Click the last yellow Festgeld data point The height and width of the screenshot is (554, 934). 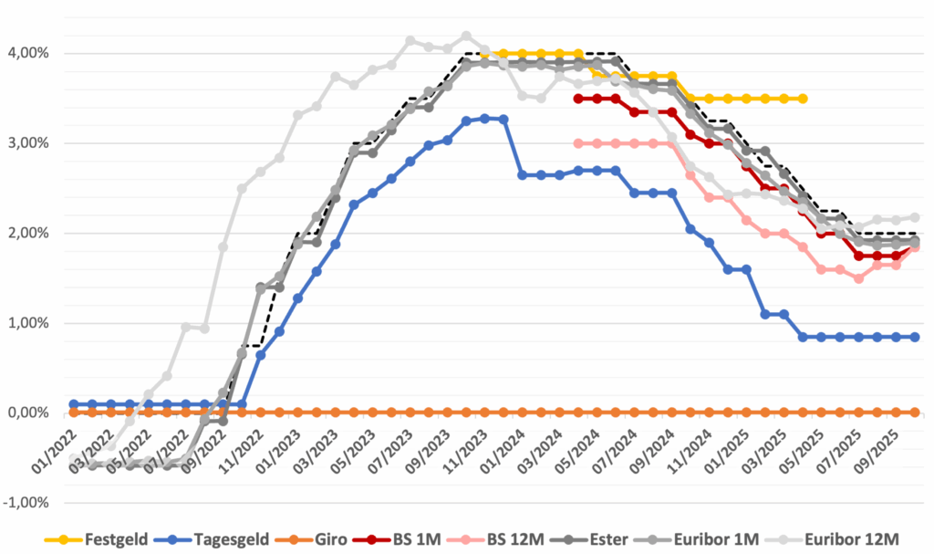[803, 99]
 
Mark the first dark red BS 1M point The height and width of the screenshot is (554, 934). [578, 99]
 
